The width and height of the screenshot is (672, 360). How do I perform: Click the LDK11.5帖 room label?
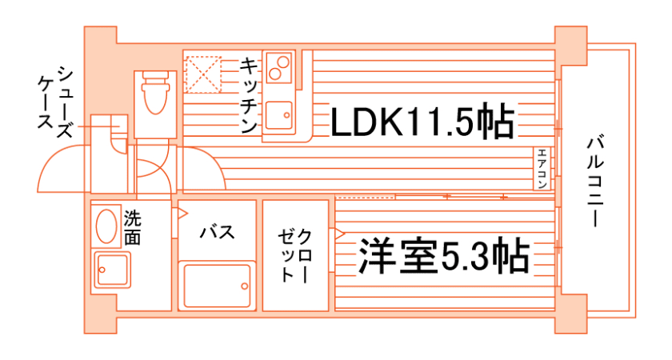422,121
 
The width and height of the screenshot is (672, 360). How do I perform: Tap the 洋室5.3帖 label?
443,256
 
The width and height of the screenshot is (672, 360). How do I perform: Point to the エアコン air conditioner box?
542,168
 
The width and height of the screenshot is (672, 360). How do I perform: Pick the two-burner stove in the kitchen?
278,68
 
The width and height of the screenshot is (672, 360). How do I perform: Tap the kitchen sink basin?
278,115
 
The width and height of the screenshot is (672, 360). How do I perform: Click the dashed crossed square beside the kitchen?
202,74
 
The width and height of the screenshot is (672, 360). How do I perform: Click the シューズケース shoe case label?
55,102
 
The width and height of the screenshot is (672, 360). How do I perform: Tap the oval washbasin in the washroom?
106,226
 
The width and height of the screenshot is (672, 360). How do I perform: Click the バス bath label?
218,232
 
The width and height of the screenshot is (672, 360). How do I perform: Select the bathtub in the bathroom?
217,285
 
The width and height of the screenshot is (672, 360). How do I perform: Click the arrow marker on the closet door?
338,234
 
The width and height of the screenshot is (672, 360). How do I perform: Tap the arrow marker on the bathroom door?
182,213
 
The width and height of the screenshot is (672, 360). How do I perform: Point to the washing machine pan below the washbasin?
111,270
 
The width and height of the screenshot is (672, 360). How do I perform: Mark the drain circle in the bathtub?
244,286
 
